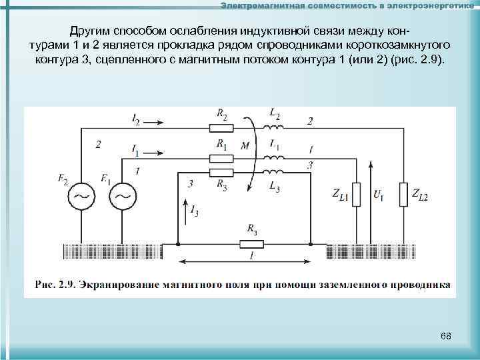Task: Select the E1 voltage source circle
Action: pyautogui.click(x=122, y=196)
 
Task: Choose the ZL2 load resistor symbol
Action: pyautogui.click(x=402, y=194)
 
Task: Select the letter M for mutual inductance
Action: pyautogui.click(x=245, y=147)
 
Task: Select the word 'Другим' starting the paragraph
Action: pyautogui.click(x=90, y=31)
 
